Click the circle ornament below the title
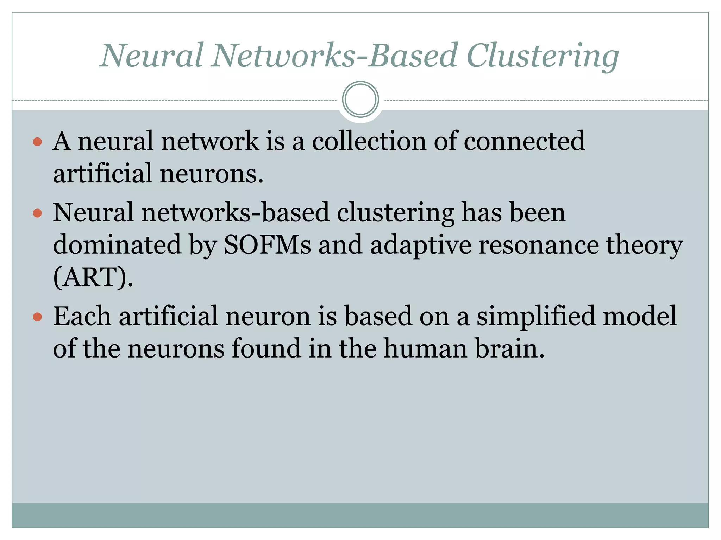360,99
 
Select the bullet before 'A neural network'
37,142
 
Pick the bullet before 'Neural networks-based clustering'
37,213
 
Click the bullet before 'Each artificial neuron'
37,317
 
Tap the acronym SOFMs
268,245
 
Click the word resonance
538,245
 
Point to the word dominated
117,245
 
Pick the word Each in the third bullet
82,316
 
